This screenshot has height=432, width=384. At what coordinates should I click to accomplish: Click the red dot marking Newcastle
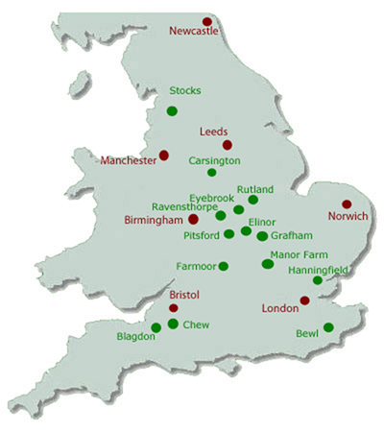(x=207, y=21)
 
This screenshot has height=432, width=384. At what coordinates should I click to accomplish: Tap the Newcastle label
(x=194, y=32)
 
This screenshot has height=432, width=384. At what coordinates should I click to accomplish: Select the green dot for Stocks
(x=172, y=110)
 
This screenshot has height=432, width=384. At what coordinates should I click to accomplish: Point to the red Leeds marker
(x=228, y=144)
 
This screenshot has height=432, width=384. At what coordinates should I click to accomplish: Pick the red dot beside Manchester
(x=163, y=155)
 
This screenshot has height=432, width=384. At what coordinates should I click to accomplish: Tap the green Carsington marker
(x=212, y=173)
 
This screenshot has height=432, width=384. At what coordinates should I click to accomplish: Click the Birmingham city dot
(x=193, y=219)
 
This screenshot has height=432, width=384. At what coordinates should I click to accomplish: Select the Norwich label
(x=348, y=216)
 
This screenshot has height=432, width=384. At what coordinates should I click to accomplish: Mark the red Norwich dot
(x=347, y=204)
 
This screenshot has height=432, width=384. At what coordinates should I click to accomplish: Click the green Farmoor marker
(x=224, y=266)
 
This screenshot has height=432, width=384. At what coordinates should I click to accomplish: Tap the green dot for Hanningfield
(x=318, y=280)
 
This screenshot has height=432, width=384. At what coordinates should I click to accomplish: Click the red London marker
(x=303, y=300)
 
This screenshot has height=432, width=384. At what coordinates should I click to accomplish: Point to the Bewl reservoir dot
(x=328, y=327)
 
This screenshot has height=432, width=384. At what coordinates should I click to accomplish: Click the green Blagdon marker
(x=156, y=327)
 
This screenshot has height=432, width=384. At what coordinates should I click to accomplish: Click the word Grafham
(x=292, y=234)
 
